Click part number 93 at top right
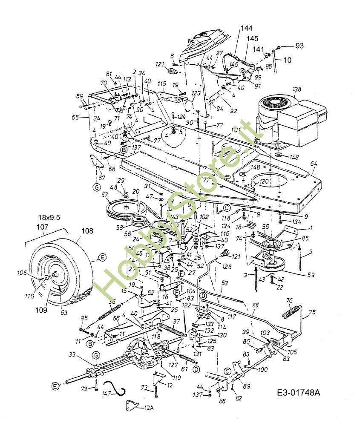(x=300, y=46)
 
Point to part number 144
(x=246, y=29)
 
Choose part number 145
(x=252, y=39)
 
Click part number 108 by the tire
(x=87, y=232)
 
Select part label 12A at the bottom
(x=149, y=408)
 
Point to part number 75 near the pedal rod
(x=312, y=313)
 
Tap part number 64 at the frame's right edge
(x=314, y=164)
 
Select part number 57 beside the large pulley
(x=104, y=195)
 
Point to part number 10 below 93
(x=288, y=60)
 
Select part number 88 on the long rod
(x=255, y=305)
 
